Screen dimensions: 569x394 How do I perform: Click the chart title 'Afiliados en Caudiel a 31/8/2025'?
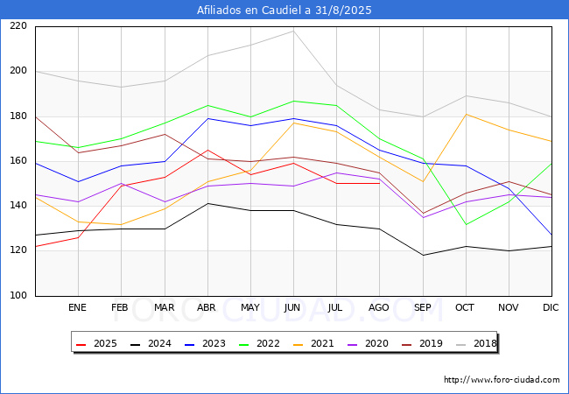(284, 11)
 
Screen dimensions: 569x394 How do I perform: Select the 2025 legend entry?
(96, 343)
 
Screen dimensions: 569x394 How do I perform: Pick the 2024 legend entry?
(151, 343)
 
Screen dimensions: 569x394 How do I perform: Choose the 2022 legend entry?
(259, 343)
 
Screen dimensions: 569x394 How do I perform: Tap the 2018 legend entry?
(476, 343)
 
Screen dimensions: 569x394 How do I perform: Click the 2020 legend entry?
(368, 343)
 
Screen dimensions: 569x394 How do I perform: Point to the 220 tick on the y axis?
(18, 25)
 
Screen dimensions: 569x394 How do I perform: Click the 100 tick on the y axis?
(18, 295)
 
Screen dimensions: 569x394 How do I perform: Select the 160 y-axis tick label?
(18, 160)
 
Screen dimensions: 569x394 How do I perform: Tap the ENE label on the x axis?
(77, 307)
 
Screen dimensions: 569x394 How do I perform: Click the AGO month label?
(379, 307)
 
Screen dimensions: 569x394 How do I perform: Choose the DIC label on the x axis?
(551, 307)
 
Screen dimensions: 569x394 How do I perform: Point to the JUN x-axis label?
(292, 307)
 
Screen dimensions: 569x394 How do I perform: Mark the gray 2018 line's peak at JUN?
(293, 31)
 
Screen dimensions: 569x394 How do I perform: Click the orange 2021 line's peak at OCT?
(466, 115)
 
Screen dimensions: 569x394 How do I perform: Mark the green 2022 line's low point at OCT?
(466, 224)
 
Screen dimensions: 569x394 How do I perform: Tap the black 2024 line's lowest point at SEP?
(423, 255)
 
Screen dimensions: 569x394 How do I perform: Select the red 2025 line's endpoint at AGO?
(380, 184)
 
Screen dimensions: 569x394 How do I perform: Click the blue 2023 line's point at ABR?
(207, 118)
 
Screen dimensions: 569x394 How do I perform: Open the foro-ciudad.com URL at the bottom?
(502, 380)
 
